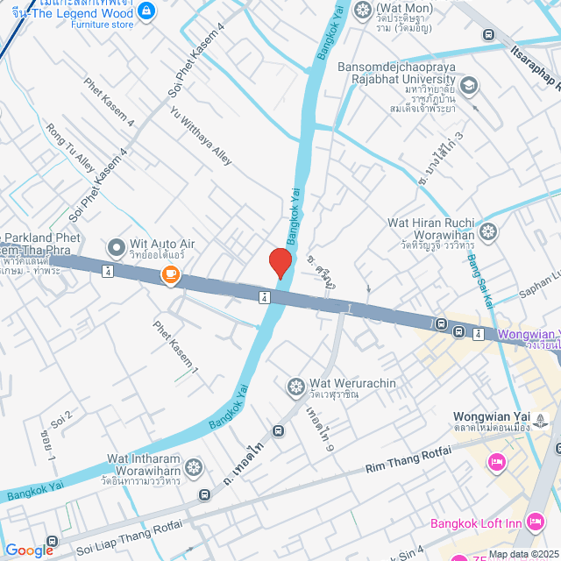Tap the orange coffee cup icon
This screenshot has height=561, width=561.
169,275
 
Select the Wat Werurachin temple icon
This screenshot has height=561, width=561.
295,385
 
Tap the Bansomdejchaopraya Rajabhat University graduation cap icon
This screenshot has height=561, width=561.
469,85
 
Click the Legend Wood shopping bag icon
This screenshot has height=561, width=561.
146,11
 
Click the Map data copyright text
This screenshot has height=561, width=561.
523,554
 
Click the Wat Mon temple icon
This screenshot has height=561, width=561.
362,11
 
